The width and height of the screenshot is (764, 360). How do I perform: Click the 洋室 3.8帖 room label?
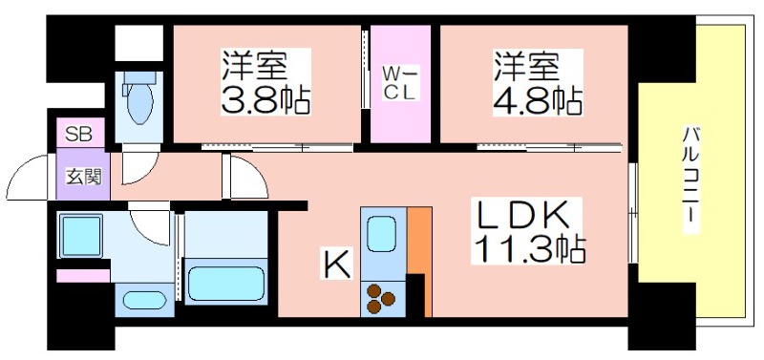265,81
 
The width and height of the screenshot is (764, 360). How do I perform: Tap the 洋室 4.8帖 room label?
538,81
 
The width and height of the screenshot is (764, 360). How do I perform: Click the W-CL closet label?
400,84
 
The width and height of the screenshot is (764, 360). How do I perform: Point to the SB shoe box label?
79,134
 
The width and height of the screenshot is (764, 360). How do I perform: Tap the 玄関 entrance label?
83,176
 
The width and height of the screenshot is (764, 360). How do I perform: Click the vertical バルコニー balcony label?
691,180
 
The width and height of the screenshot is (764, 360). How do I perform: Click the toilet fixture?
138,97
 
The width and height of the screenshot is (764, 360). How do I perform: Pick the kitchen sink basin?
381,234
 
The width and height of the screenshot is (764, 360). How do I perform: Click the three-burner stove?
380,298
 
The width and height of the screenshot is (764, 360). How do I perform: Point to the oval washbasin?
145,300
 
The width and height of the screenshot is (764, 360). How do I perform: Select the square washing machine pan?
81,236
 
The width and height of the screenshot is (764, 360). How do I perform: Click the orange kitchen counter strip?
419,261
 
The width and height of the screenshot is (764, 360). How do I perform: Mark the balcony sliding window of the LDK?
633,212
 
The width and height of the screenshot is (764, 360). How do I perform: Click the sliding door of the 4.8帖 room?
549,146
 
